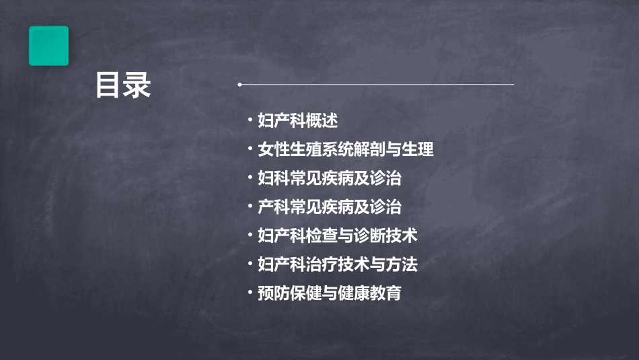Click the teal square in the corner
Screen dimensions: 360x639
coord(48,46)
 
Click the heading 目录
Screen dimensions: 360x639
coord(123,85)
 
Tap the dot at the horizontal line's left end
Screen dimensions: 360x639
coord(239,85)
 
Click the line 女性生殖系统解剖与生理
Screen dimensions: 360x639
coord(346,149)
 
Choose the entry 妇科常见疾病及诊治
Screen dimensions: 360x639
coord(330,178)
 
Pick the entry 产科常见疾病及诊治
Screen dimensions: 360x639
coord(330,207)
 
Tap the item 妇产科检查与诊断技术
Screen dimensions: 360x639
coord(338,236)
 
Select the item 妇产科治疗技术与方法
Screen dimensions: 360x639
coord(338,264)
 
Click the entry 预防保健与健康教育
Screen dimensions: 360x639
coord(330,293)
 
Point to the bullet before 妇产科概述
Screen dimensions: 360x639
coord(250,121)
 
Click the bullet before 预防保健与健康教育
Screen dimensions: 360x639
coord(250,293)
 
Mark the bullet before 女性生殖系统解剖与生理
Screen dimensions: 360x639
coord(250,149)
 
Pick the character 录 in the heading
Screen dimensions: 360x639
coord(137,85)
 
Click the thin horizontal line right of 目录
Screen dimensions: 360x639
coord(377,85)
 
